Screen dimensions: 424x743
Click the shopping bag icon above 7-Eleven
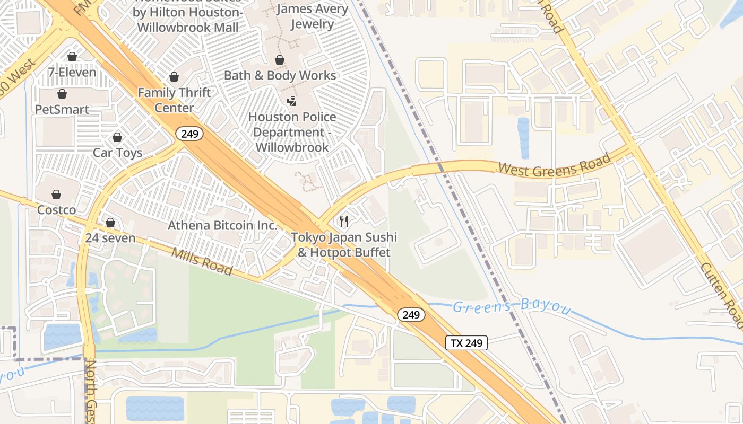coord(72,57)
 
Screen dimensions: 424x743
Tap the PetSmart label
coord(62,109)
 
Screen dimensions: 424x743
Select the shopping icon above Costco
coord(56,195)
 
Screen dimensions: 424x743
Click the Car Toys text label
coord(117,153)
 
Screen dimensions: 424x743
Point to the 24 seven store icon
coord(110,223)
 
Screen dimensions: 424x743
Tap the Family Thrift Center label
coord(174,100)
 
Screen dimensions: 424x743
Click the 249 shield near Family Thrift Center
coord(189,134)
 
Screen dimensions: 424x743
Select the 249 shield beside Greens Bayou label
coord(411,315)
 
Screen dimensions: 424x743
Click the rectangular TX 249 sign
coord(466,343)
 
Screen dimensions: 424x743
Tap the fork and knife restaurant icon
coord(344,221)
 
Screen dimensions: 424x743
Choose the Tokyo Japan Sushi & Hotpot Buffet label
coord(344,245)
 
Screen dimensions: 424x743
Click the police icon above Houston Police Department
coord(291,101)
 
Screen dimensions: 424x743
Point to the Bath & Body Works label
coord(280,75)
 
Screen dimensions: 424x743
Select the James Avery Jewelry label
coord(312,16)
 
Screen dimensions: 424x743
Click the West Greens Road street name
coord(554,165)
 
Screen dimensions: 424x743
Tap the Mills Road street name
coord(202,261)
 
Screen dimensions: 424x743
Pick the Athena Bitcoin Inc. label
coord(222,225)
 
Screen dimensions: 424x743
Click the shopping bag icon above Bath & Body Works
coord(280,60)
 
